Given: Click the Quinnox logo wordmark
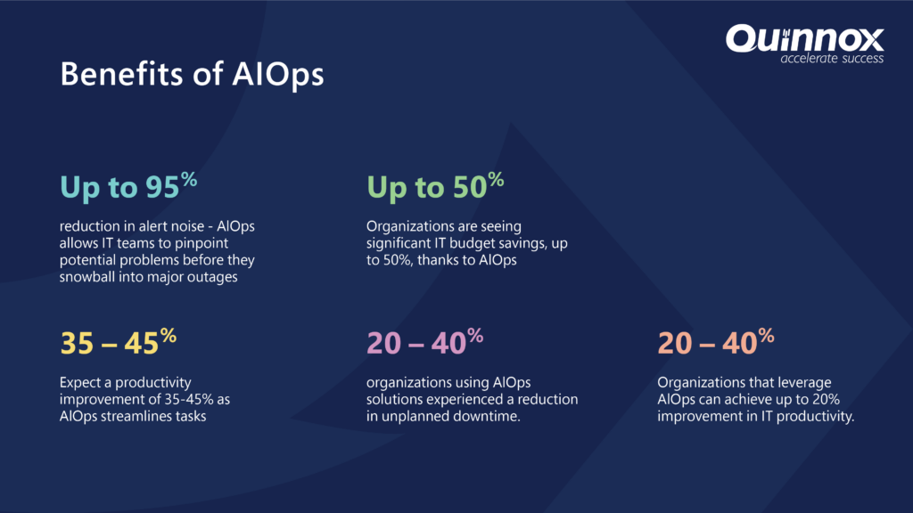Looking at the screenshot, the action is point(805,39).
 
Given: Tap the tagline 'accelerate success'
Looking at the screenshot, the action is point(832,58).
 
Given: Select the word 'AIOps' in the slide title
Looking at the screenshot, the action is point(278,75).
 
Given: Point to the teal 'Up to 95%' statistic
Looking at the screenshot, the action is point(128,186).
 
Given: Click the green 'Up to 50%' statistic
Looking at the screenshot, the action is point(435,186).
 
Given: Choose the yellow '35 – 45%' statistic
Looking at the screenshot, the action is point(119,341).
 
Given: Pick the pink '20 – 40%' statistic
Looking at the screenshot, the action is point(425,341).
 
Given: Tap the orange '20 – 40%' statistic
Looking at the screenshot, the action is point(716,341).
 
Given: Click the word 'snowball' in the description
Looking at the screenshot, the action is point(87,277).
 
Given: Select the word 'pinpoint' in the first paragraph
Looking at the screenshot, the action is point(202,244).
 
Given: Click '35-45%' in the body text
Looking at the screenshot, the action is point(189,400).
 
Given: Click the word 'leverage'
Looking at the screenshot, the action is point(807,383).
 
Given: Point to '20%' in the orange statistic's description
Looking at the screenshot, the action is point(827,400).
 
